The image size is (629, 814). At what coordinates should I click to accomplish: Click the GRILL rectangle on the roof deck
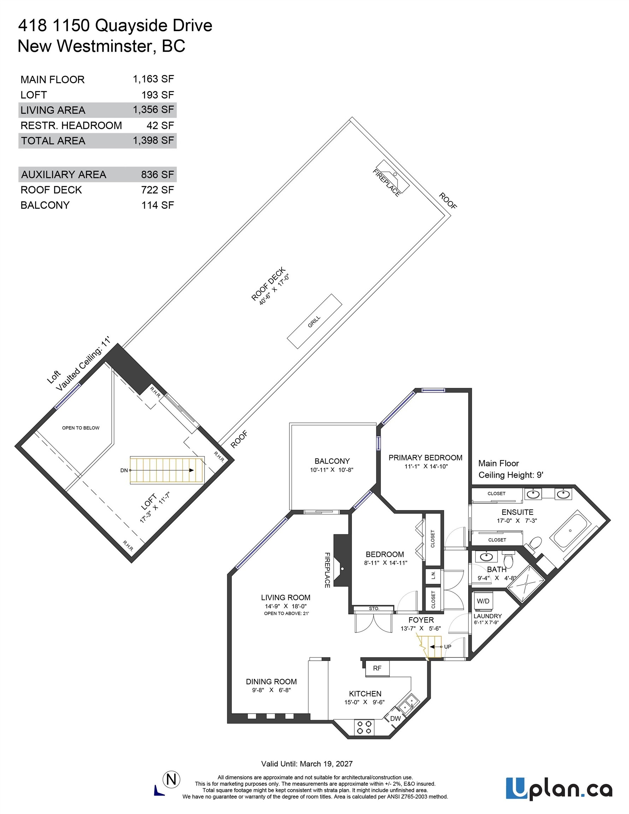click(x=314, y=321)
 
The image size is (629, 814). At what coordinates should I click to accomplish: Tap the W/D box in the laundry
click(x=483, y=601)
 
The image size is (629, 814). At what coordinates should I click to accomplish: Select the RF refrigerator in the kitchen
click(x=377, y=668)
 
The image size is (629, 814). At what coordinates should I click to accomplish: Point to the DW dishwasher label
click(x=395, y=718)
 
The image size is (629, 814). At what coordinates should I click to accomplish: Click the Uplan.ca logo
click(x=559, y=788)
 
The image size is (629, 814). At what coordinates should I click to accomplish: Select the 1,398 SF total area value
click(x=153, y=141)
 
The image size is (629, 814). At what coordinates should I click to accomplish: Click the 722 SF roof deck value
click(x=157, y=190)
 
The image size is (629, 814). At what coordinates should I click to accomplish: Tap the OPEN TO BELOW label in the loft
click(x=81, y=428)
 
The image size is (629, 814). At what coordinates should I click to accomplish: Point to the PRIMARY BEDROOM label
click(x=425, y=458)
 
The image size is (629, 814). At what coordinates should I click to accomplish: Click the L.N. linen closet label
click(x=433, y=576)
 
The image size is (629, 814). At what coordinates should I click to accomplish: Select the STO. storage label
click(x=374, y=608)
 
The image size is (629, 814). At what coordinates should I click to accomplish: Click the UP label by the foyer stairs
click(x=447, y=647)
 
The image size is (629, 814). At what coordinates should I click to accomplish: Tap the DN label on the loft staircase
click(x=124, y=470)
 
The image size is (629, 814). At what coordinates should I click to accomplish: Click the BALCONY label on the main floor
click(x=332, y=461)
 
